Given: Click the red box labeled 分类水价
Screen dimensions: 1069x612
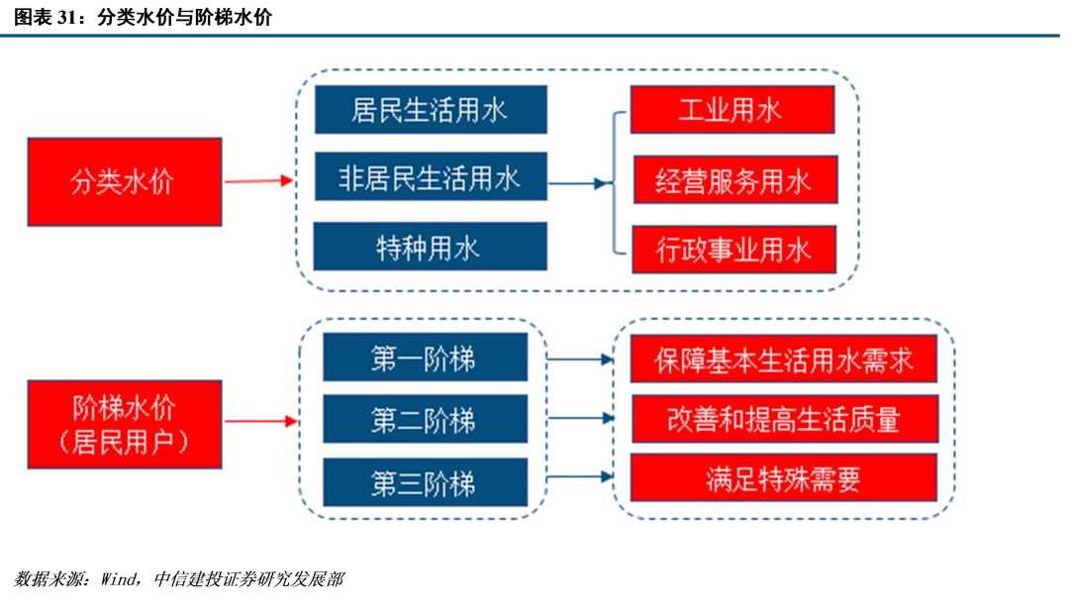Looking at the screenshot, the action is point(125,181).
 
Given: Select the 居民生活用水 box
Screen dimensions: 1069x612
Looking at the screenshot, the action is point(431,109).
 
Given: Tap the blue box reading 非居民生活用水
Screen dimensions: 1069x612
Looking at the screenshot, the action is point(431,176).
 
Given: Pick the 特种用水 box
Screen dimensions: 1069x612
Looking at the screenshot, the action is point(431,247).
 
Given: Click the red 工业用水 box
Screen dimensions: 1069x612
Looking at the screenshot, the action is point(732,109).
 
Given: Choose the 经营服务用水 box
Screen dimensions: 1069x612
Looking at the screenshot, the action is point(735,179).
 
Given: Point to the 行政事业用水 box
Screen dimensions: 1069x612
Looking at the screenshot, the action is point(734,250).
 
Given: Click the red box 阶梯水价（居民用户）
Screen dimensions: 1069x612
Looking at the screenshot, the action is point(125,425).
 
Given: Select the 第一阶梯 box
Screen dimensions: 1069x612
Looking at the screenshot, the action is point(426,357).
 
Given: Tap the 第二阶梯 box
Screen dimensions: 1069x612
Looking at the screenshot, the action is point(426,419).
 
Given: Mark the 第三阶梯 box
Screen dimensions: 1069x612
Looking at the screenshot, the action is point(426,482).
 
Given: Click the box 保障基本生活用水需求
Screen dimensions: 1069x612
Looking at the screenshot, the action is point(784,358).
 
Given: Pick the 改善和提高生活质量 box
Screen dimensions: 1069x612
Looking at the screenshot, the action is point(785,419).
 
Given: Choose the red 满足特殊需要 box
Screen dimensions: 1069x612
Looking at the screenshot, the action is point(784,477).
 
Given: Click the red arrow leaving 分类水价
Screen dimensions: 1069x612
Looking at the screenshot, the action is point(259,181).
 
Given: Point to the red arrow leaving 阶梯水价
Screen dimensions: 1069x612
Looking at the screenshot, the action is point(261,421).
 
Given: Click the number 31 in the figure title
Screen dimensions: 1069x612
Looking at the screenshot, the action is point(67,17).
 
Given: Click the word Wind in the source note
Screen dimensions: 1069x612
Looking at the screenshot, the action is point(119,579).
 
